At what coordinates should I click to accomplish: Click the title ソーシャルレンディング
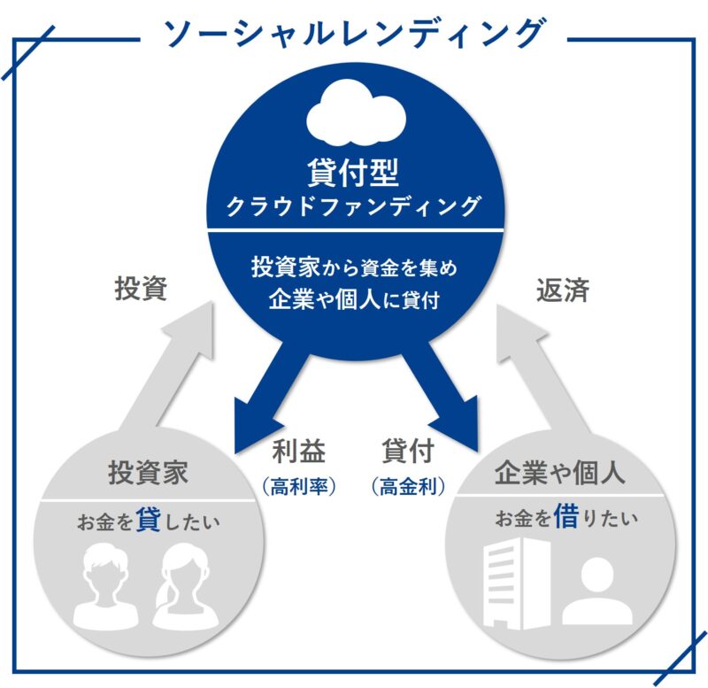point(355,33)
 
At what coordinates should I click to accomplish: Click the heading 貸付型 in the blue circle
point(353,172)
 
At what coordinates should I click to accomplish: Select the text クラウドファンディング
point(353,206)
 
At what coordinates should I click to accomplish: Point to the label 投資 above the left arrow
point(141,288)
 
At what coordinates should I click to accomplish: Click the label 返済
point(563,290)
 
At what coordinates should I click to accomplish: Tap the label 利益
point(298,451)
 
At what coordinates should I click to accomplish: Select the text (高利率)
point(299,486)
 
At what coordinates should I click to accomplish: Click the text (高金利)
point(408,486)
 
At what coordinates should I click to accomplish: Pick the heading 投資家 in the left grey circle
point(148,473)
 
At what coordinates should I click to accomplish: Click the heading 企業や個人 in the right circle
point(560,473)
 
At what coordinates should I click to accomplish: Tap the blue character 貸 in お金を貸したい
point(148,519)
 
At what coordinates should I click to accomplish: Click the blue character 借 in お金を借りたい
point(566,516)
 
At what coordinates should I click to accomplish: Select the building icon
point(517,584)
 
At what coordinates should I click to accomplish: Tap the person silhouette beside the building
point(597,591)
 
